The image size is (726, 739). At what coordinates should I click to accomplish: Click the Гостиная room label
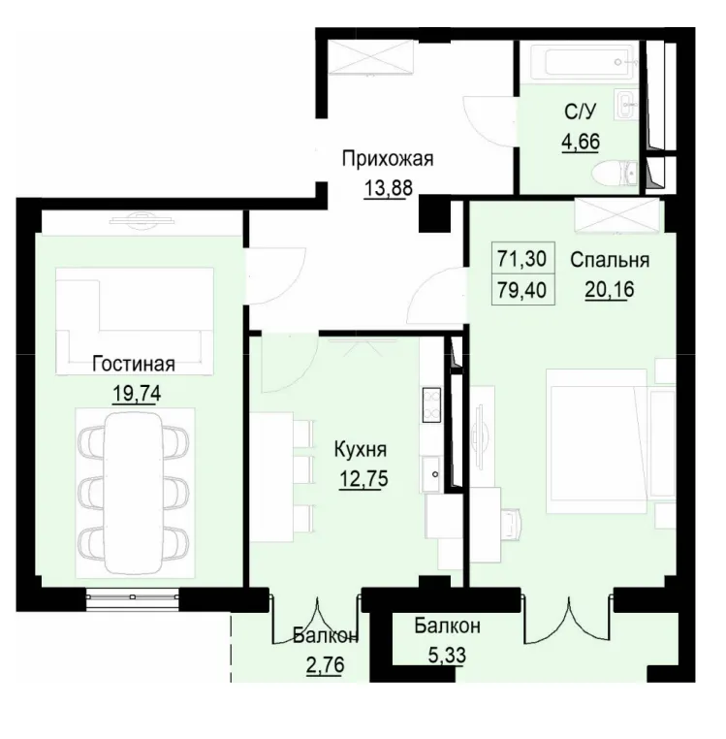(134, 365)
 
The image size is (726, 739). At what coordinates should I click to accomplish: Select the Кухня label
(360, 450)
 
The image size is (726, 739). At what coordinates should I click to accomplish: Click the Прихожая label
(387, 159)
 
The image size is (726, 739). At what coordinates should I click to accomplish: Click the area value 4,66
(581, 141)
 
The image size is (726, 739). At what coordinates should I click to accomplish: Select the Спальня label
(609, 260)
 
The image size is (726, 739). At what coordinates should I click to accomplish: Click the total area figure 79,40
(521, 288)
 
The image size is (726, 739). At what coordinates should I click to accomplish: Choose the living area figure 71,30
(521, 259)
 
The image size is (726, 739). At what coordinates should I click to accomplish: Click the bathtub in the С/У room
(578, 66)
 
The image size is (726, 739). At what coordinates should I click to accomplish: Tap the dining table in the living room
(134, 493)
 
